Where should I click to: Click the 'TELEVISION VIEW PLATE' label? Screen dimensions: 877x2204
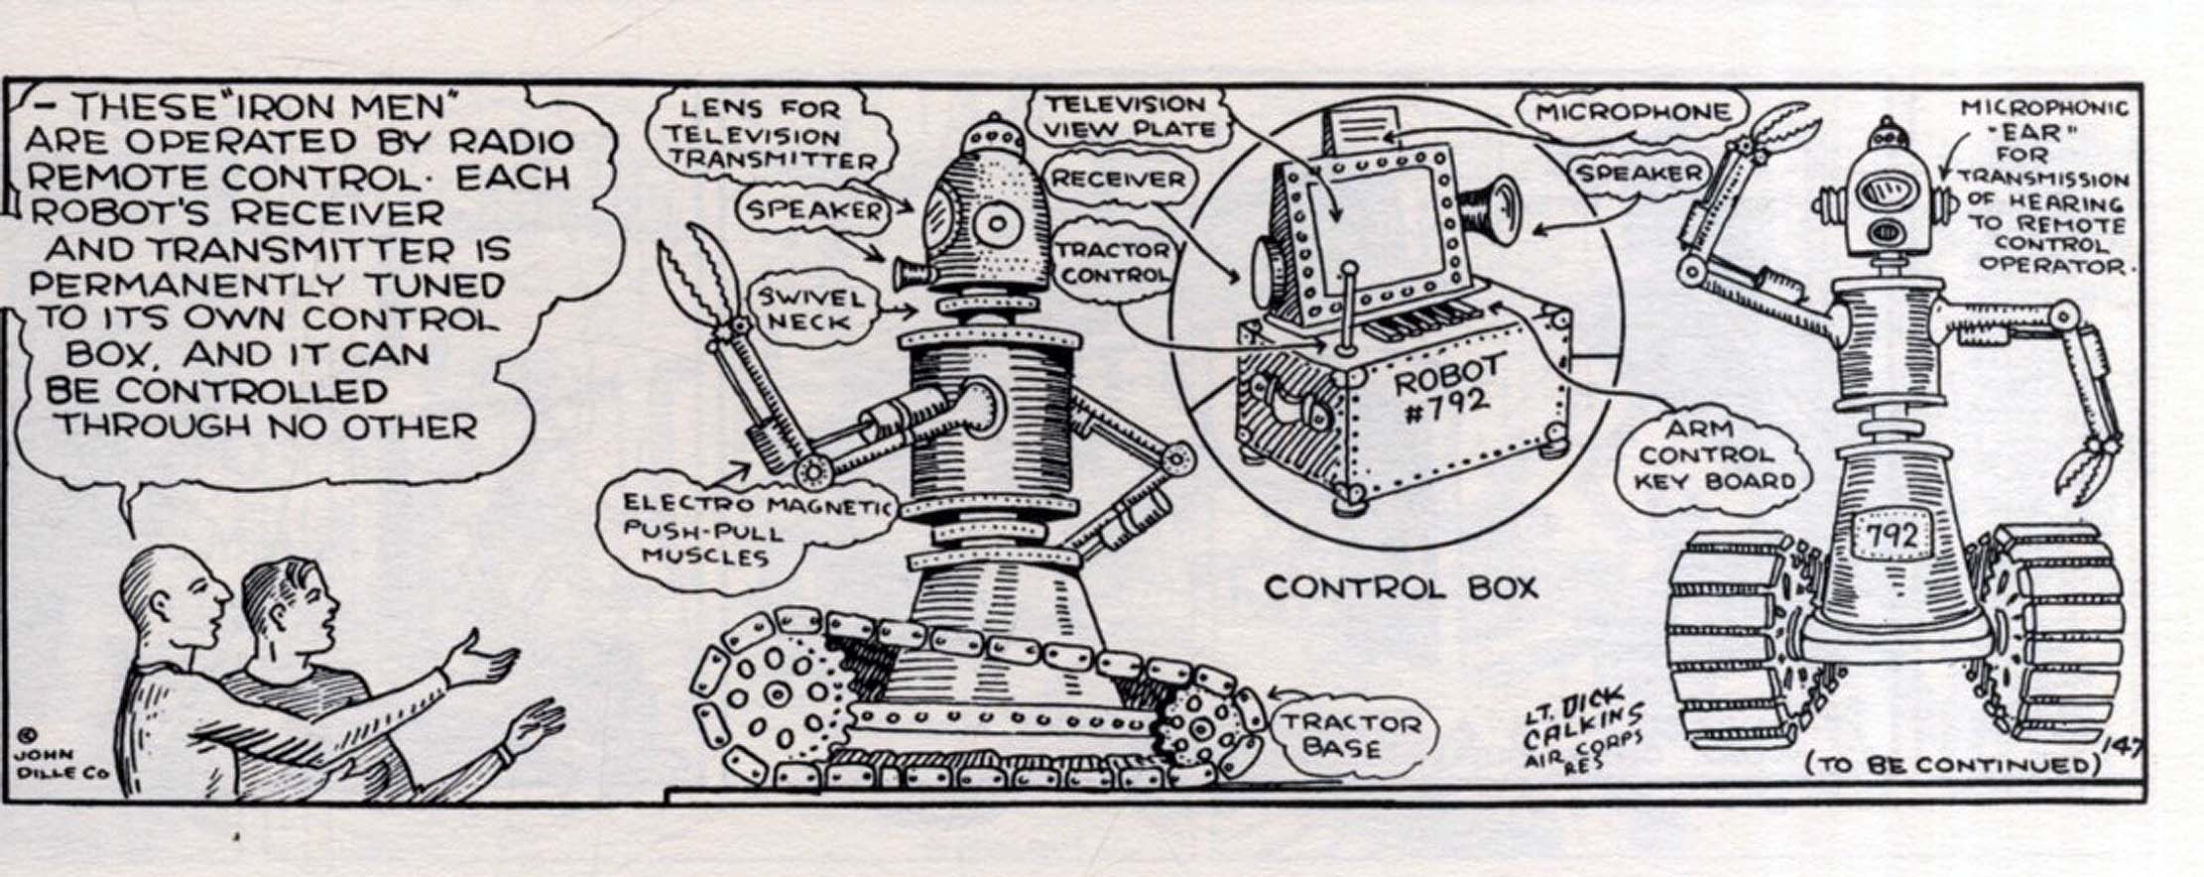1127,116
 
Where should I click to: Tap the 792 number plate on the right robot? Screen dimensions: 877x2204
1893,537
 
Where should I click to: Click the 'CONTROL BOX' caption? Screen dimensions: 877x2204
1401,587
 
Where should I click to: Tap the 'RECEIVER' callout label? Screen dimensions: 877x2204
1117,180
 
